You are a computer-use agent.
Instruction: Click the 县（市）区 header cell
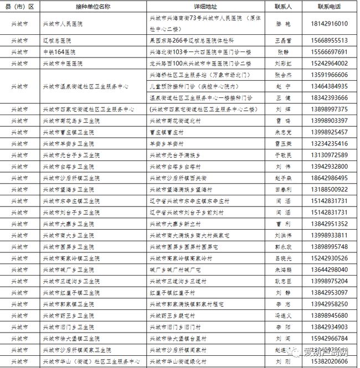[x=20, y=7]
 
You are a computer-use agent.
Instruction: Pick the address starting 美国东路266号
[x=192, y=40]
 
